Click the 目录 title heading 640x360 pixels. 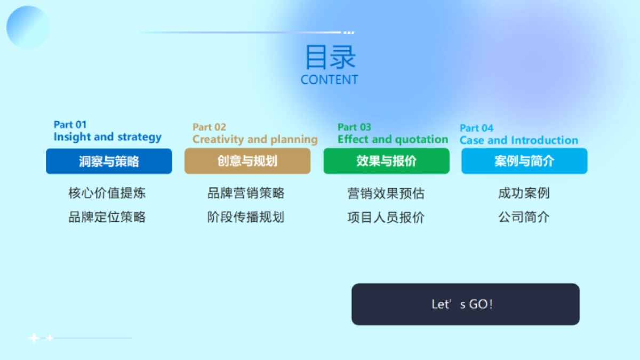[330, 58]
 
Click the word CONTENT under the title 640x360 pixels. [329, 80]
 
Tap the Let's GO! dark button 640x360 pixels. [465, 305]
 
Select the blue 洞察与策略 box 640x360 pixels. [109, 162]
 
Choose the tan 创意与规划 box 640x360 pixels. [247, 162]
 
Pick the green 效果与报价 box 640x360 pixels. [386, 162]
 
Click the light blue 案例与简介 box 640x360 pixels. [524, 162]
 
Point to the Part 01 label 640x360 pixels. [70, 125]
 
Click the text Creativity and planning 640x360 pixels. [255, 140]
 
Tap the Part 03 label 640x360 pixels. [354, 127]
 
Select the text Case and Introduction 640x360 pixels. [518, 141]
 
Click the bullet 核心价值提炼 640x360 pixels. [107, 193]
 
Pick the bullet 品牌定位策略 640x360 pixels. [107, 217]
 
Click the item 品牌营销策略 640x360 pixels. [246, 193]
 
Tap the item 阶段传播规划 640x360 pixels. [246, 217]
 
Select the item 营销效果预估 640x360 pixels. [386, 194]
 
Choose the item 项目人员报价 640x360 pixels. [386, 218]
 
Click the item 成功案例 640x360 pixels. [524, 194]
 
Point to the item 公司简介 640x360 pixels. [524, 217]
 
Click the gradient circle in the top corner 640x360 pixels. [28, 27]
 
